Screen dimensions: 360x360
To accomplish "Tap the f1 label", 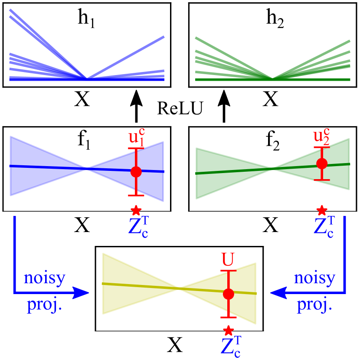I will (84, 140).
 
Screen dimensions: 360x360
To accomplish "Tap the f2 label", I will (272, 140).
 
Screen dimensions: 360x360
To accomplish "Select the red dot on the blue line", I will (136, 171).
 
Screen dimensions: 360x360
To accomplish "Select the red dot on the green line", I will (322, 164).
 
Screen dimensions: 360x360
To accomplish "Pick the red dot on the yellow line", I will (229, 294).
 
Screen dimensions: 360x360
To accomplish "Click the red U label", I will (228, 260).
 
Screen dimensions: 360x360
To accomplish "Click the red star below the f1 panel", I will (136, 211).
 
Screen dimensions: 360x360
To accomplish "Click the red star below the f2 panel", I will (322, 211).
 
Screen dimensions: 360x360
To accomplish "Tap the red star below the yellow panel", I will (229, 331).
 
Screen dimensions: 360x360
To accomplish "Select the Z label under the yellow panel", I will (229, 347).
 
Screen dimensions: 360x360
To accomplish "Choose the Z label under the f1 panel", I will (138, 226).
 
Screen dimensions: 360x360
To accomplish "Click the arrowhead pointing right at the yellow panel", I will (81, 293).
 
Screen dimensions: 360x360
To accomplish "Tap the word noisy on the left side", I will (45, 278).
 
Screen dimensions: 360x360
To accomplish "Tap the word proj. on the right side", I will (314, 305).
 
